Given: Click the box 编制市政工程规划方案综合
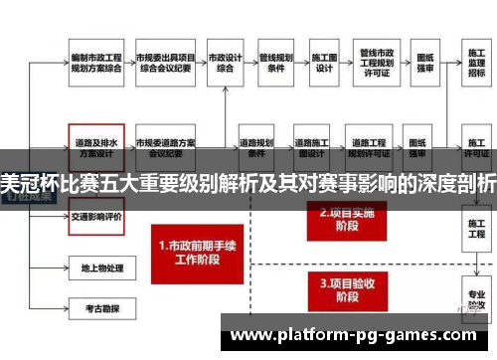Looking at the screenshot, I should click(x=95, y=64).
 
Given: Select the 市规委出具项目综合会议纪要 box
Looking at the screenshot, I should click(x=165, y=64).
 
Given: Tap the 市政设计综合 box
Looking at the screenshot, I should click(x=229, y=64).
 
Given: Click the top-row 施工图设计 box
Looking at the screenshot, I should click(x=324, y=64).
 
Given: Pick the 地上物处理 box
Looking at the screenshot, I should click(x=95, y=268).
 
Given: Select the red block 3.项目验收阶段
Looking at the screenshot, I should click(x=342, y=289).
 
